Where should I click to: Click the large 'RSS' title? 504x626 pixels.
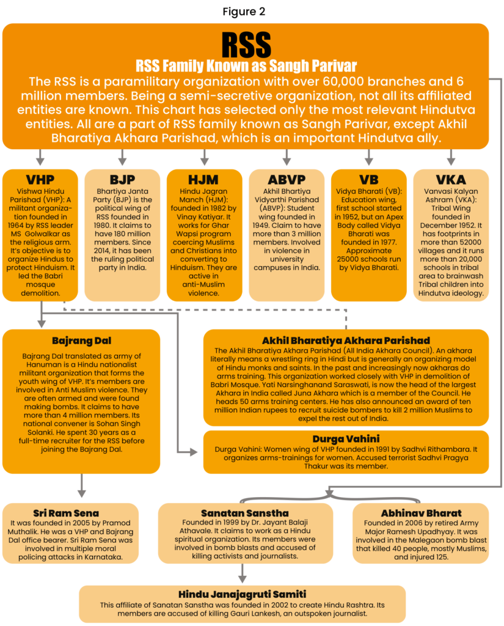click(x=246, y=44)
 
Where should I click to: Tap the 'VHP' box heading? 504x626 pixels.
click(x=40, y=180)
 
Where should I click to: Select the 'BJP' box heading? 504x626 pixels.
click(x=122, y=180)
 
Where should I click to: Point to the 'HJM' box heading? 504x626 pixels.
click(x=204, y=180)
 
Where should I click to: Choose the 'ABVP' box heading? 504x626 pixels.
click(x=287, y=180)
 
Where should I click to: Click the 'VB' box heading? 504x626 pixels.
click(x=368, y=180)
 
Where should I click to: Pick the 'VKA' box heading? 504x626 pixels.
click(x=451, y=180)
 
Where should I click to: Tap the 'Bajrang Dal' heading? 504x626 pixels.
click(x=81, y=341)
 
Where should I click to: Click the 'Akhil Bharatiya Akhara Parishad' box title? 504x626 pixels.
click(x=346, y=340)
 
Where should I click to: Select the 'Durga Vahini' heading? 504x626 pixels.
click(x=346, y=439)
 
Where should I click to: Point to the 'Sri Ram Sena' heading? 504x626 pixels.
click(x=66, y=513)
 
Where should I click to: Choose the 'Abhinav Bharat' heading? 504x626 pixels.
click(x=421, y=513)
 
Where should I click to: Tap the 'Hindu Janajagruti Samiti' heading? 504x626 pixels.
click(x=243, y=594)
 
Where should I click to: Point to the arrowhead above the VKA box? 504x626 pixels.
click(x=451, y=161)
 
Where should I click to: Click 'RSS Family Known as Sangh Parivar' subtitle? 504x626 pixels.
click(x=246, y=65)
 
